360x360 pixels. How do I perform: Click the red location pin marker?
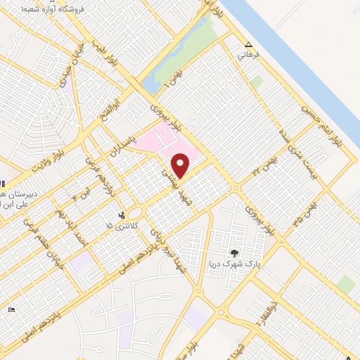[x=181, y=167]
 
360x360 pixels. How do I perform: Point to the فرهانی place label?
[x=250, y=53]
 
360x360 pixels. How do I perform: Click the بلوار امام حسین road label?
[x=330, y=123]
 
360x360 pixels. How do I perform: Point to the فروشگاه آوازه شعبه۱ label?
[x=53, y=9]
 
